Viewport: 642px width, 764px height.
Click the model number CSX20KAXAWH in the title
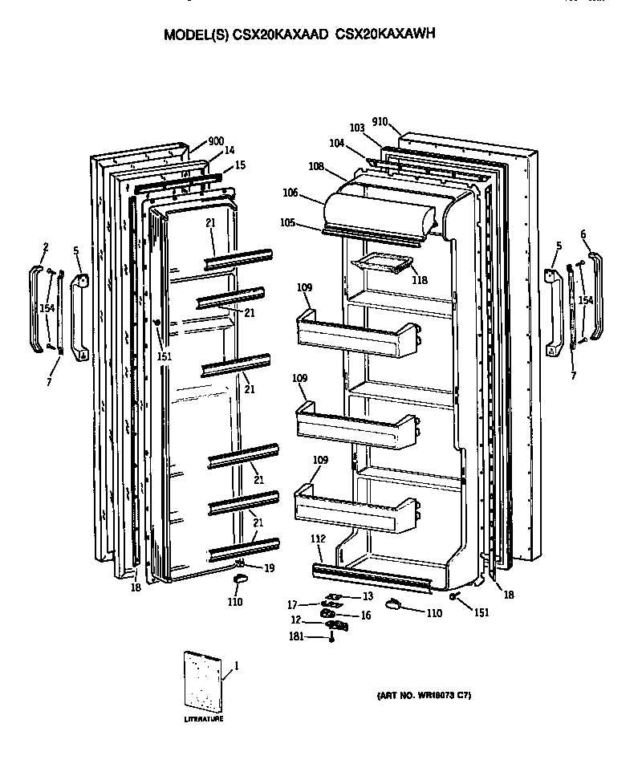pos(388,35)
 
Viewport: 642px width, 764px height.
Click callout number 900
pos(215,141)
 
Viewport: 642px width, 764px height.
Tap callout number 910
pos(380,122)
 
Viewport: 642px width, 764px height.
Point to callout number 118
pos(420,280)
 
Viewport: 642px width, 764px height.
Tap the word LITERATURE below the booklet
pos(204,719)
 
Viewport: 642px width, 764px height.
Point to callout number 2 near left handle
pos(46,247)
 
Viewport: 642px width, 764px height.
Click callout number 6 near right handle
pos(583,234)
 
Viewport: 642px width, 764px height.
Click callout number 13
pos(368,596)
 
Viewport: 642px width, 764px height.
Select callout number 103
pos(357,128)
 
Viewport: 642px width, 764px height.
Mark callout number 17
pos(295,605)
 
